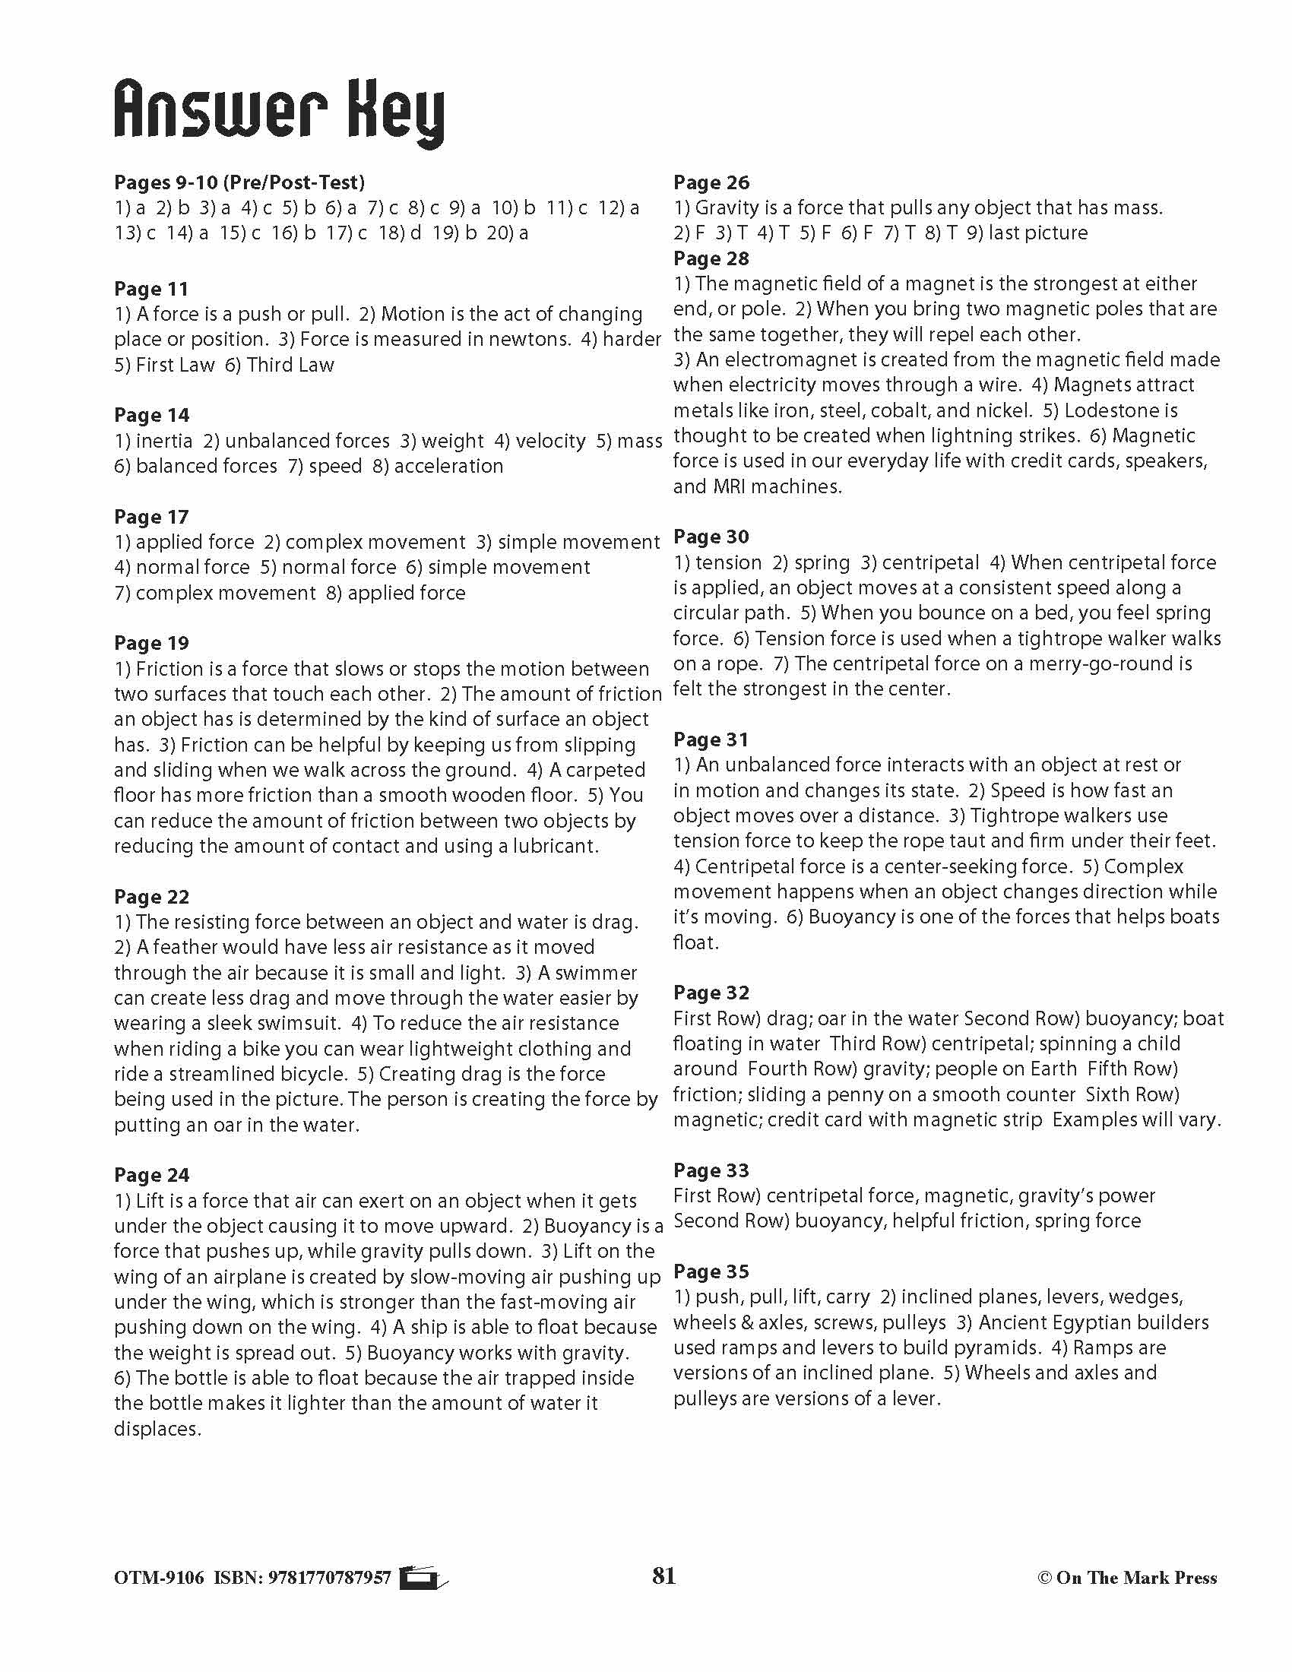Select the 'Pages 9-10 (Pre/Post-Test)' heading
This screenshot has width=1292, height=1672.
[239, 182]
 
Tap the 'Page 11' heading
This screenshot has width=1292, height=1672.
[150, 289]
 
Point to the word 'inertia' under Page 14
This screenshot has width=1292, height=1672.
[164, 441]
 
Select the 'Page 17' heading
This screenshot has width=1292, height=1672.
[150, 517]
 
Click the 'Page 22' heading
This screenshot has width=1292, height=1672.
[150, 897]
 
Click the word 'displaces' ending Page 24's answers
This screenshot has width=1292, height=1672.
[157, 1430]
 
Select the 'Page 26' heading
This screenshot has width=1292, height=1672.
[711, 182]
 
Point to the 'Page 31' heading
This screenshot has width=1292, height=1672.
[711, 739]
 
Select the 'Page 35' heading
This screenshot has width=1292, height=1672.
[711, 1271]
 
